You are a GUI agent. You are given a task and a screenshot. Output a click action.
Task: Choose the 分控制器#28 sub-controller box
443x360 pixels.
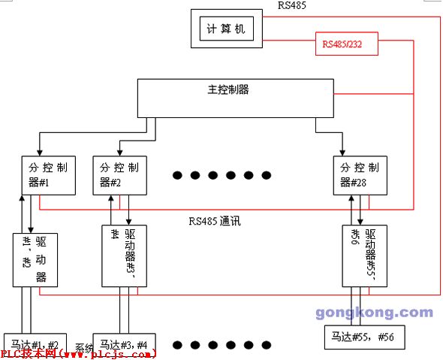point(360,175)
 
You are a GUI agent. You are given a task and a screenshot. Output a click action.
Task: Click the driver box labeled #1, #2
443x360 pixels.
point(35,259)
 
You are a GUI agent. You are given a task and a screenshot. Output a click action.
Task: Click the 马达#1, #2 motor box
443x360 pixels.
point(35,343)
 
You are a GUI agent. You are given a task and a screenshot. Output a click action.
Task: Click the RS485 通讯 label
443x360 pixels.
point(218,221)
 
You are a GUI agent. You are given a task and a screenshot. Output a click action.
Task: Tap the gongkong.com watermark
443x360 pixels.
point(374,313)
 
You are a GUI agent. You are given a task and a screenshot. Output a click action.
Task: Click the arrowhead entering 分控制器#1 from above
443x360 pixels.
point(38,153)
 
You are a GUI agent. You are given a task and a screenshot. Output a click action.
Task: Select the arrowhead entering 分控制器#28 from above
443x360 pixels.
point(342,153)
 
